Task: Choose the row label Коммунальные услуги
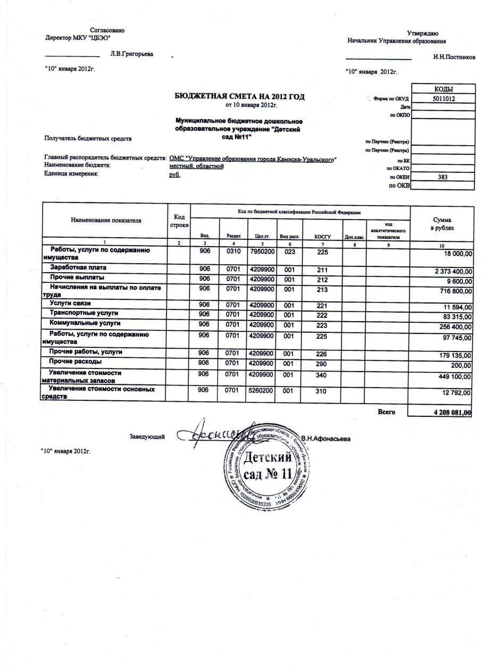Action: click(x=85, y=323)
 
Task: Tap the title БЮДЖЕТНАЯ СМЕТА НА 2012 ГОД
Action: click(x=240, y=96)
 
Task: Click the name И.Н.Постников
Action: click(x=454, y=58)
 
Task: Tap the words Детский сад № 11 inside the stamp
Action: click(x=268, y=464)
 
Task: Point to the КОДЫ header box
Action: click(x=442, y=89)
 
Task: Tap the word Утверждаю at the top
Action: click(x=422, y=33)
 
